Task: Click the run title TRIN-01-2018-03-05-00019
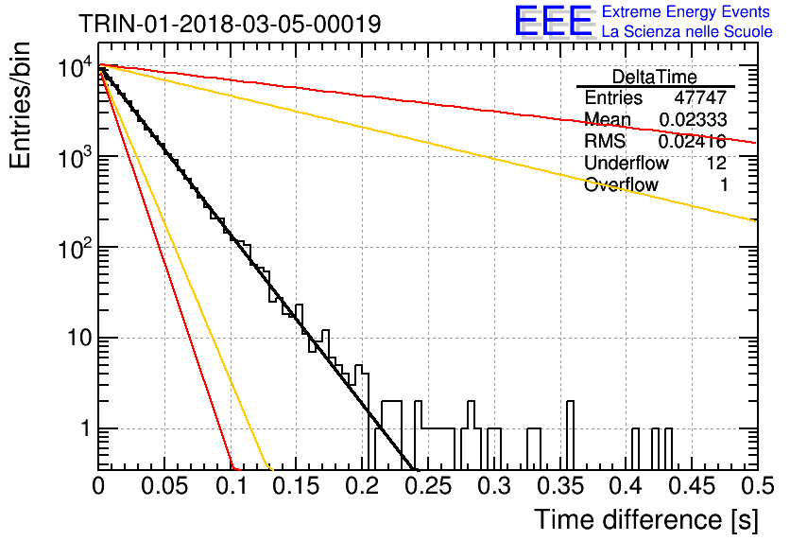tap(230, 24)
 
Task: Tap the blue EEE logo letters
tap(553, 21)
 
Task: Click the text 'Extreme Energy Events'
tap(686, 11)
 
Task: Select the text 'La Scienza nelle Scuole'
tap(687, 31)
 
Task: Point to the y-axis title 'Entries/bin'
tap(20, 105)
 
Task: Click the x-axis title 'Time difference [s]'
tap(646, 520)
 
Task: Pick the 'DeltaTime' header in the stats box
tap(655, 77)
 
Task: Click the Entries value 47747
tap(700, 97)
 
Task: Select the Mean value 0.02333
tap(693, 119)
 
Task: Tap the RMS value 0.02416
tap(693, 141)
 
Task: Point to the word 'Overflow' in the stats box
tap(621, 184)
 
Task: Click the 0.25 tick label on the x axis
tap(428, 486)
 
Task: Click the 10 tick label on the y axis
tap(79, 338)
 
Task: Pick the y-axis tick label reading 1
tap(86, 428)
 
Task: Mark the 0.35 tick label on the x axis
tap(560, 486)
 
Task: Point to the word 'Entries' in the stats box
tap(613, 97)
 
